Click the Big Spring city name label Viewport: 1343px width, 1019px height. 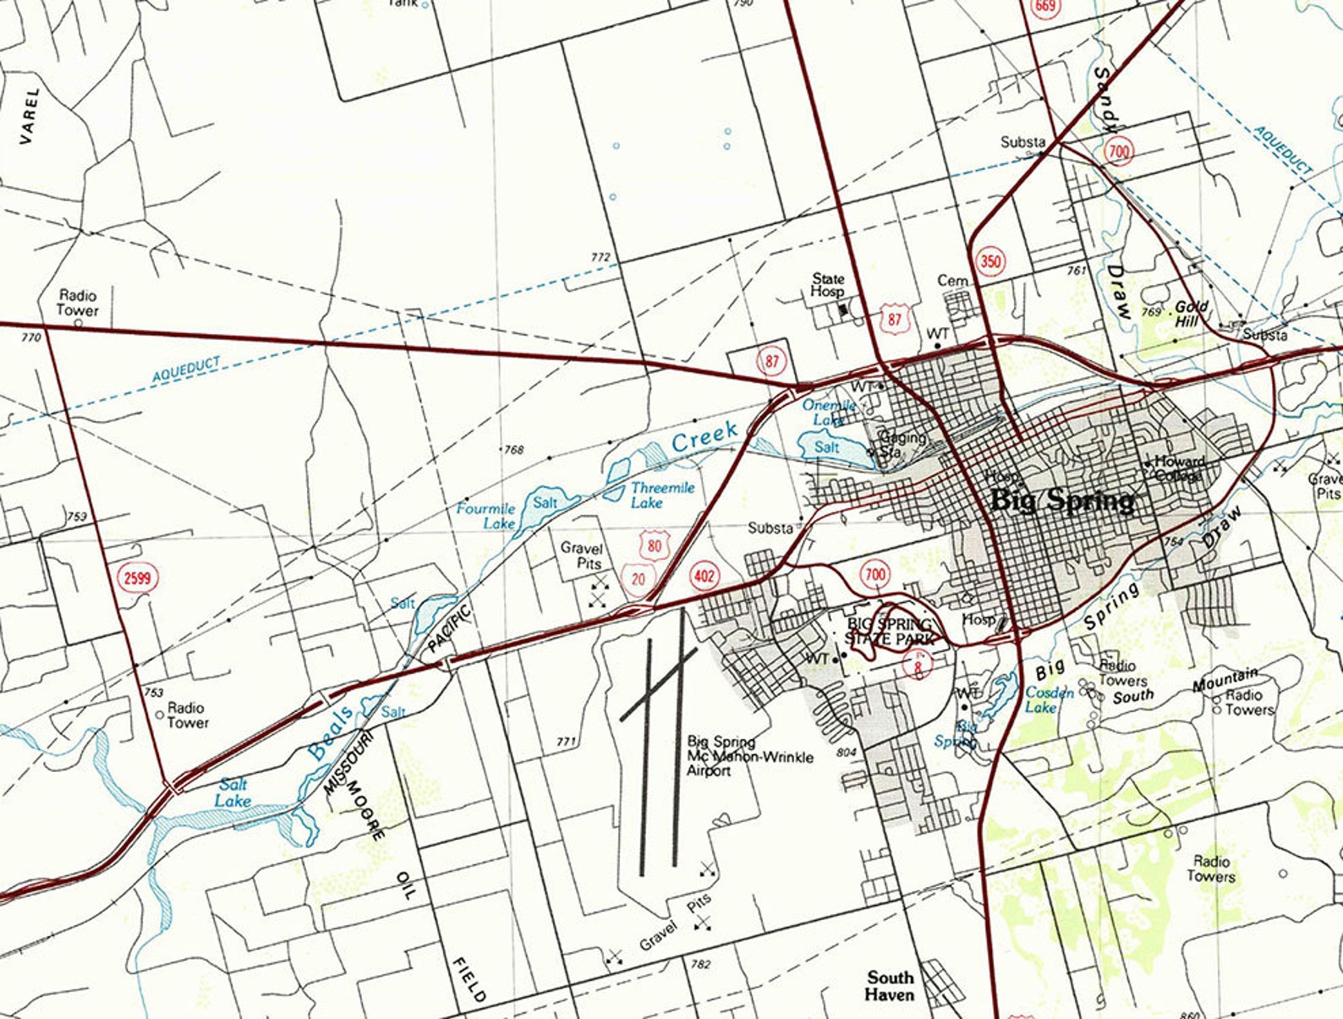coord(1061,500)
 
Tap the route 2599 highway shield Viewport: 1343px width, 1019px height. coord(137,578)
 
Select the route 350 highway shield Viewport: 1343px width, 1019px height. coord(990,260)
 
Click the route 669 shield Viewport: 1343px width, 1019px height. coord(1044,8)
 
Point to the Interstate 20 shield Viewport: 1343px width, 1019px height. coord(638,578)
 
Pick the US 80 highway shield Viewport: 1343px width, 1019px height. coord(655,546)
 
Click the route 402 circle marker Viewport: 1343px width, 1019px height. coord(704,577)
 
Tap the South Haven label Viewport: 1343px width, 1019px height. coord(890,986)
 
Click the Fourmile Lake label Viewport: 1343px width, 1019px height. coord(486,516)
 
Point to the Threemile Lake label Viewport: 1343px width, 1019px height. coord(662,495)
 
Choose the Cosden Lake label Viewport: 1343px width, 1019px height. coord(1049,699)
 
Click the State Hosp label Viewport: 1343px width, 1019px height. coord(828,285)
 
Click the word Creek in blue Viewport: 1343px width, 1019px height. coord(704,436)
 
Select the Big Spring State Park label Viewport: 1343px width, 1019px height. coord(890,631)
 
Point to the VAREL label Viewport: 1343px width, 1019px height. coord(30,115)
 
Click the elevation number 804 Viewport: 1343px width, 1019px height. coord(847,752)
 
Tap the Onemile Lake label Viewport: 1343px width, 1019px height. coord(829,412)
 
